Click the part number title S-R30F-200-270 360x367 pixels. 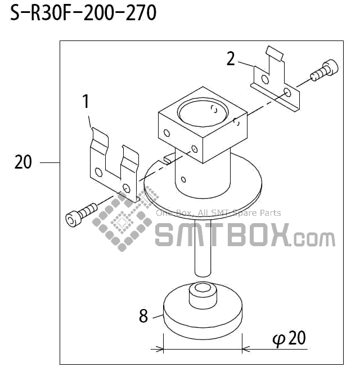[83, 13]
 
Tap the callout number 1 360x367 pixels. [85, 102]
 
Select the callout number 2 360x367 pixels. [231, 58]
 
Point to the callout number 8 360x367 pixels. [143, 316]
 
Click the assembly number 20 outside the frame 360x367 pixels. [23, 162]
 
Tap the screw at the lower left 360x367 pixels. [81, 214]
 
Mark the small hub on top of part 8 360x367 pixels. [202, 294]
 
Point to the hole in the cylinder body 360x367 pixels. [184, 180]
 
